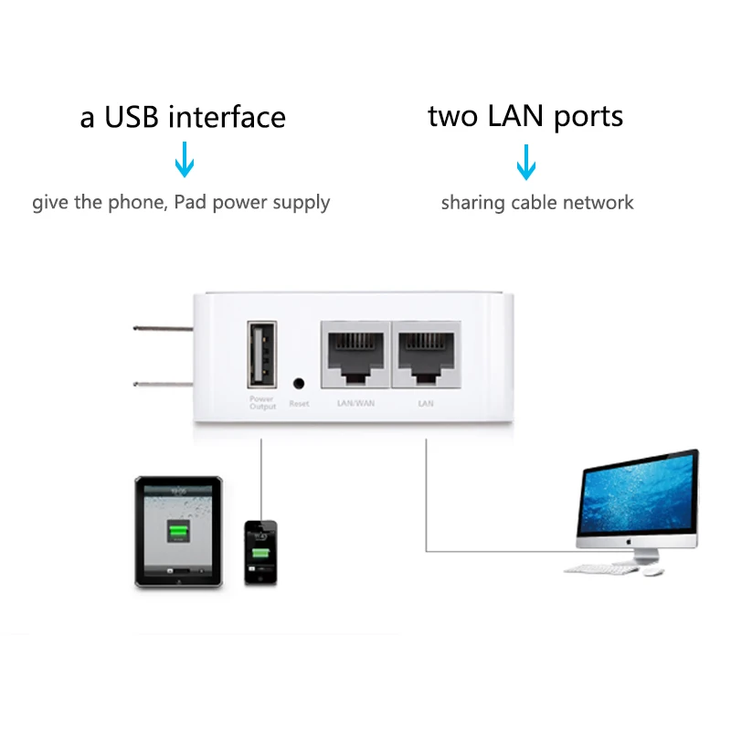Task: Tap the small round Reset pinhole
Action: pyautogui.click(x=298, y=385)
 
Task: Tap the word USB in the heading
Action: pyautogui.click(x=133, y=118)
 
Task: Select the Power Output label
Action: pyautogui.click(x=262, y=403)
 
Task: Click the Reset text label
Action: pyautogui.click(x=299, y=404)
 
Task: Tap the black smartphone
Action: pyautogui.click(x=260, y=552)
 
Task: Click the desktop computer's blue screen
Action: pyautogui.click(x=639, y=498)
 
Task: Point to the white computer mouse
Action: pyautogui.click(x=652, y=571)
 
